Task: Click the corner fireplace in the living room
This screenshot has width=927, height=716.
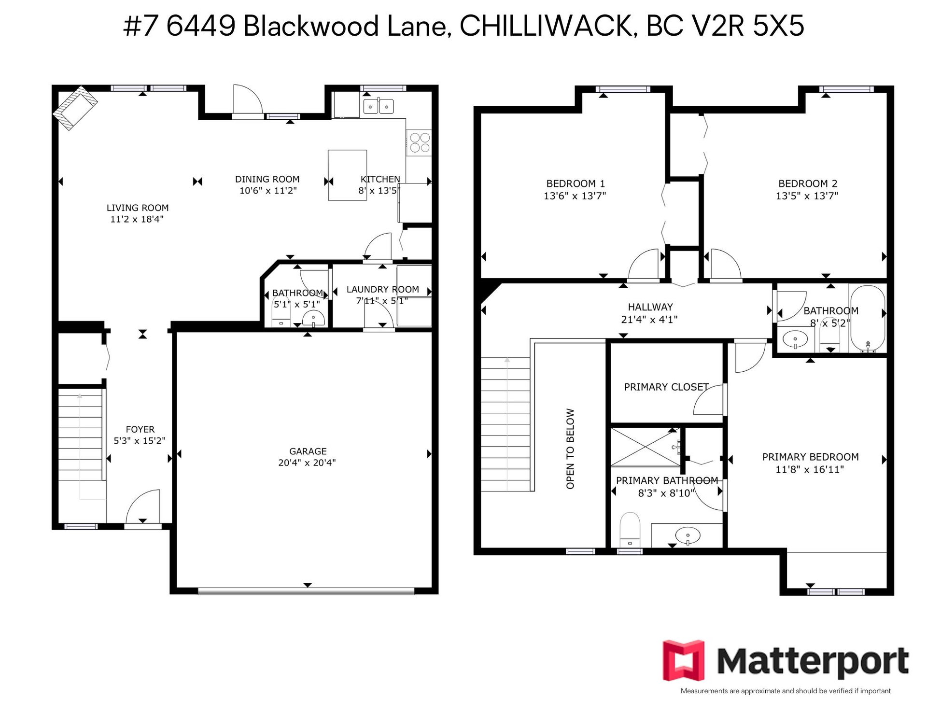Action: pos(75,108)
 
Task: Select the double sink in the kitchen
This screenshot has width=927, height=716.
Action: pos(379,106)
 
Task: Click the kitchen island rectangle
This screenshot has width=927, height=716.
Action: pos(347,175)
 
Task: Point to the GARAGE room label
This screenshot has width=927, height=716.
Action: pos(308,451)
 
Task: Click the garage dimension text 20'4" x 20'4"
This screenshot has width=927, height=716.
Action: pos(307,463)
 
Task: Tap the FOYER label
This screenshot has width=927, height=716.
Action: pos(140,429)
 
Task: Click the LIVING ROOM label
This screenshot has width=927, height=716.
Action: pos(138,208)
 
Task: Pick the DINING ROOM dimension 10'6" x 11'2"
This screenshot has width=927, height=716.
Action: pos(268,190)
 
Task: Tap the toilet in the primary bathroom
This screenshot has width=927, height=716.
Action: pos(630,530)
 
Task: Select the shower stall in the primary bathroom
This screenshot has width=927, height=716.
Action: pos(646,447)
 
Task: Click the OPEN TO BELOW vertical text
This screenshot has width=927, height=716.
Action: pos(570,449)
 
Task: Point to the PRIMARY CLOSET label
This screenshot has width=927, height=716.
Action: pos(666,387)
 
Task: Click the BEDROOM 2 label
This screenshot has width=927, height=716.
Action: pos(808,183)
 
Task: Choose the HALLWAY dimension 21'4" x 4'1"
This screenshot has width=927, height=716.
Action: pos(649,319)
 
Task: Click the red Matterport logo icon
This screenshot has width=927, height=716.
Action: pos(684,660)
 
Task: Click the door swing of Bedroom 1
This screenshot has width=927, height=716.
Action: pos(643,265)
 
